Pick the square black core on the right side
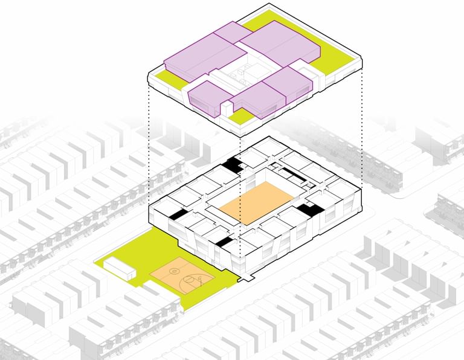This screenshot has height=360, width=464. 309,210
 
